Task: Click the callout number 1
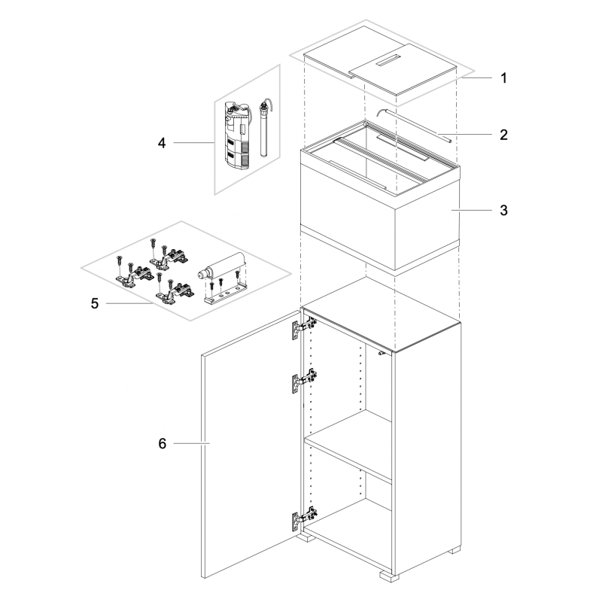(x=503, y=78)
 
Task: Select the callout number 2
(x=503, y=135)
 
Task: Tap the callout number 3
(x=503, y=211)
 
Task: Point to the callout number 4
(x=162, y=143)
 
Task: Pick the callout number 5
(x=95, y=303)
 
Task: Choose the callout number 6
(x=163, y=443)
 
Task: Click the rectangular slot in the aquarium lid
(x=388, y=61)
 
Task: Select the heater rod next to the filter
(x=264, y=128)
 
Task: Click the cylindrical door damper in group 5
(x=220, y=266)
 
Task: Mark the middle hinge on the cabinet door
(x=305, y=381)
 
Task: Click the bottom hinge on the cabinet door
(x=305, y=518)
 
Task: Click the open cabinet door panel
(x=251, y=445)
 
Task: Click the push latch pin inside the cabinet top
(x=382, y=353)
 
